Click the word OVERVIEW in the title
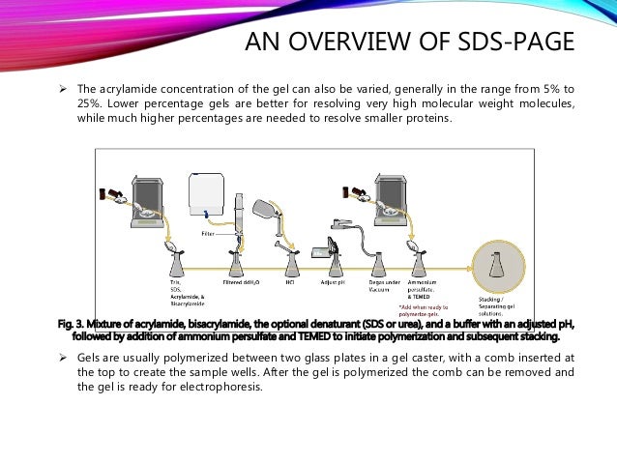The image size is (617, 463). coord(358,43)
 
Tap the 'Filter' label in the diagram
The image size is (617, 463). coord(207,233)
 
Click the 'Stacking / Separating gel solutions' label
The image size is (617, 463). coord(499,304)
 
